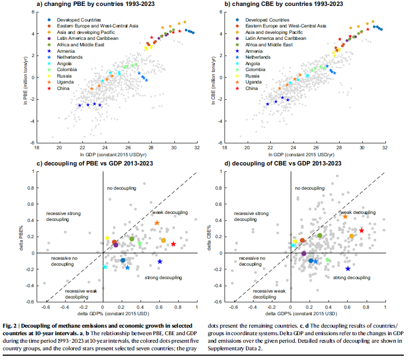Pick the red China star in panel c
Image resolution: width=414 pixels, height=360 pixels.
pyautogui.click(x=173, y=244)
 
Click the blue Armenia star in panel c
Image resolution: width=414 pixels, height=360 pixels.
pyautogui.click(x=160, y=261)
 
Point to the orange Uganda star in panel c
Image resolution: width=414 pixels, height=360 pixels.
pyautogui.click(x=157, y=223)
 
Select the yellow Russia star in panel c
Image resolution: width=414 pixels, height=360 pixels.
pyautogui.click(x=107, y=238)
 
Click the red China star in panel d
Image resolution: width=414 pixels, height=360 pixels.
pyautogui.click(x=362, y=231)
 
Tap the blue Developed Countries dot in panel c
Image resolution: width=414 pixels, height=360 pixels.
pyautogui.click(x=123, y=260)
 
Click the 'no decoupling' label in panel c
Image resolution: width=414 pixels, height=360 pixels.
pyautogui.click(x=122, y=188)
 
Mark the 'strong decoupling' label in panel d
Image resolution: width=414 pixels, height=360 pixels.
pyautogui.click(x=352, y=277)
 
